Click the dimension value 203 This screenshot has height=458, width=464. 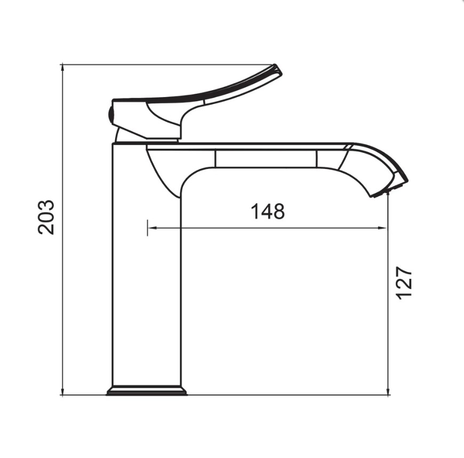pos(46,218)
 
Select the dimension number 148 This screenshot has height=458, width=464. pos(268,211)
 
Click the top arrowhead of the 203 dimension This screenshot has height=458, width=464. pos(62,68)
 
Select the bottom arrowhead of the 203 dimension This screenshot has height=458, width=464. pos(62,391)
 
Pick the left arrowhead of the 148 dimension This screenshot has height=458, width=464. pos(151,228)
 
